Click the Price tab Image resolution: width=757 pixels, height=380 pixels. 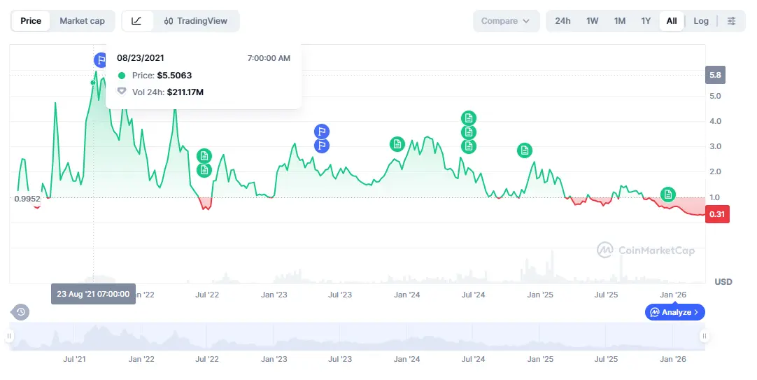point(31,21)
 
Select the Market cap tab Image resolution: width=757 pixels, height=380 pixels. point(82,21)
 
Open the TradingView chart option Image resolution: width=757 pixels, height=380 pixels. point(196,21)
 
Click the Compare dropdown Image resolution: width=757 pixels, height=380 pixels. point(506,21)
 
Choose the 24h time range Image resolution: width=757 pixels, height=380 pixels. point(563,21)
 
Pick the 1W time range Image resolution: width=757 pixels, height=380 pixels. point(592,21)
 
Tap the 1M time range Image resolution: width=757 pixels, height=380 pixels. point(619,21)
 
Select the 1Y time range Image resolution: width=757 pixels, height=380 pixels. point(646,21)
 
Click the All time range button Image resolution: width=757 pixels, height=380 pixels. point(672,21)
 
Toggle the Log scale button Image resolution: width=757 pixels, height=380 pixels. point(701,21)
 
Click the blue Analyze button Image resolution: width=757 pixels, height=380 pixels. point(675,312)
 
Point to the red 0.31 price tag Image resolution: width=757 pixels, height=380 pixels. point(717,214)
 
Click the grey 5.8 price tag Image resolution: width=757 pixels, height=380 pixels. point(715,76)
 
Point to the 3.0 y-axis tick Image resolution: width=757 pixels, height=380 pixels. point(715,146)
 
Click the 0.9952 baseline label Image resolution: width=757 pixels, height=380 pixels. point(27,198)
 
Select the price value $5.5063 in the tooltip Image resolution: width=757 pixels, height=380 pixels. point(174,76)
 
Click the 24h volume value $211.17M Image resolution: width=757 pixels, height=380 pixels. point(185,92)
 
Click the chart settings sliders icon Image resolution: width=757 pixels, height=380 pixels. point(731,21)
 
